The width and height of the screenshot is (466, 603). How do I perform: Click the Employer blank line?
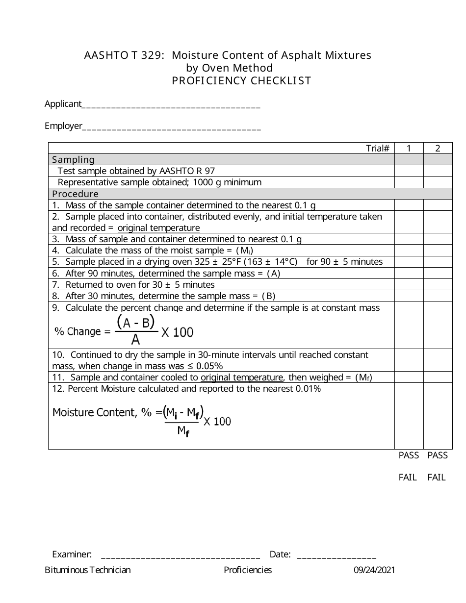click(x=171, y=127)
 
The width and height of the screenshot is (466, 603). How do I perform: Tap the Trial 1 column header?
click(x=409, y=148)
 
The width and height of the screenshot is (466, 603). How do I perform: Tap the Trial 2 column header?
click(x=438, y=148)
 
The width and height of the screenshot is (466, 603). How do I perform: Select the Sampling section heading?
click(x=74, y=159)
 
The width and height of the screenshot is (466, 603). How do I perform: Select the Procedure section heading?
click(x=76, y=194)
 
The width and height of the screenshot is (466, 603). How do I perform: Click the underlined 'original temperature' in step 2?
click(x=158, y=228)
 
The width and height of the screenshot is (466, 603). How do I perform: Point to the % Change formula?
click(x=124, y=330)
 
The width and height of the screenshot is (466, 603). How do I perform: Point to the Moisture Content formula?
click(x=142, y=418)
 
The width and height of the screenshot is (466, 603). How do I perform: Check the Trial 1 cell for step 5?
click(x=409, y=262)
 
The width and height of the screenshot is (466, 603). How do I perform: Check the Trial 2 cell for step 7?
click(x=438, y=284)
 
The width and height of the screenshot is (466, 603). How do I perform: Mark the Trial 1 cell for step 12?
click(x=409, y=416)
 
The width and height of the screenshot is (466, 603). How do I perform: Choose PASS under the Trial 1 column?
click(x=409, y=455)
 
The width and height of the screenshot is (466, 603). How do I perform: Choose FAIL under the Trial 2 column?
click(x=437, y=477)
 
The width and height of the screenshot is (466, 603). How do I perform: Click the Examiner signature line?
click(x=180, y=556)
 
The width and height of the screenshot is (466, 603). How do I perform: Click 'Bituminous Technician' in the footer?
click(x=88, y=570)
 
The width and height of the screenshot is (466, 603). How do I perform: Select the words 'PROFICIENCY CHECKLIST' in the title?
click(x=241, y=81)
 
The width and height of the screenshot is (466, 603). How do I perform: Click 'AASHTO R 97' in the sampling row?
click(x=187, y=171)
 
